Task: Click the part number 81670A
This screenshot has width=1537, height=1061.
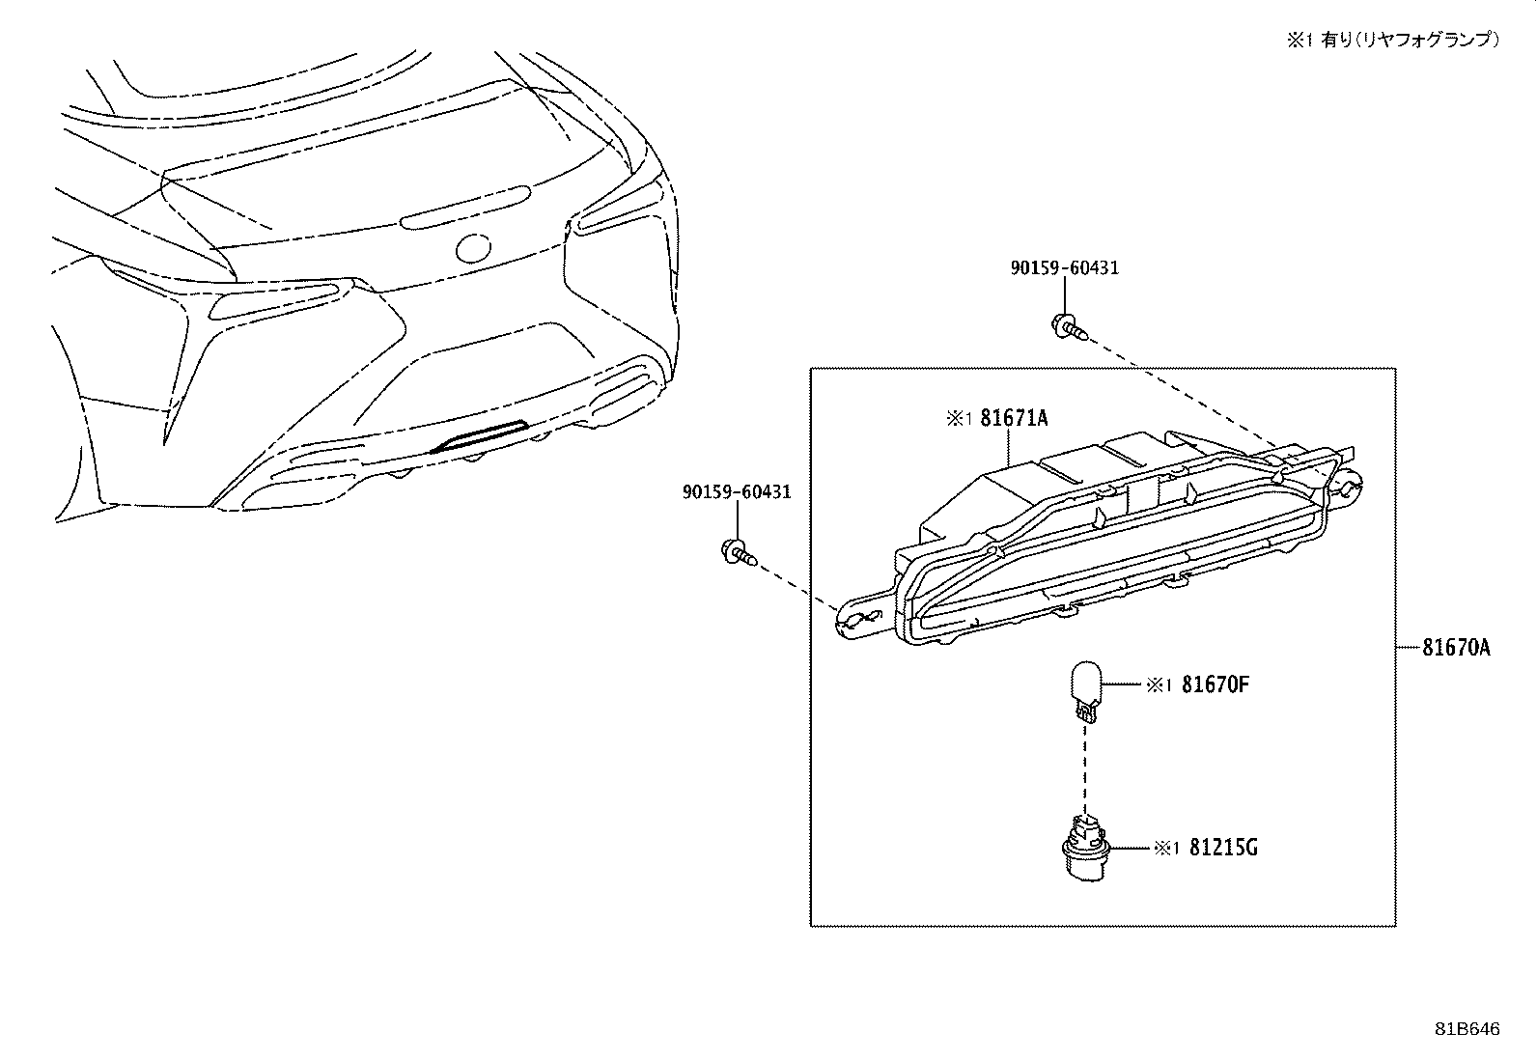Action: [x=1456, y=648]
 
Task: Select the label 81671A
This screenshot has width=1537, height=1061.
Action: [x=1014, y=418]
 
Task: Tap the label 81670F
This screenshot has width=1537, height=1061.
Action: [x=1216, y=684]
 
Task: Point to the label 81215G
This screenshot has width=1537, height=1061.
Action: [x=1223, y=849]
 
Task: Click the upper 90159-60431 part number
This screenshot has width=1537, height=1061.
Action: [x=1065, y=267]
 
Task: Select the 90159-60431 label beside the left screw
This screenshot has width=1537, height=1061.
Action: [x=737, y=491]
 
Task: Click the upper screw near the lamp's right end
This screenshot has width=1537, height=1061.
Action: [x=1069, y=327]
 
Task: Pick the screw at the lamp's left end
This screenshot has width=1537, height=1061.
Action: [x=739, y=552]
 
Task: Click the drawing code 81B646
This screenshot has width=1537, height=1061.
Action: [x=1467, y=1029]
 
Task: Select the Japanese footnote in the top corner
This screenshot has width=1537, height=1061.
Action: [x=1393, y=40]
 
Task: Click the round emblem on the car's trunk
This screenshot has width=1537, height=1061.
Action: [x=473, y=248]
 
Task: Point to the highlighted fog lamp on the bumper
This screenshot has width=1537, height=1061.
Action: [x=479, y=436]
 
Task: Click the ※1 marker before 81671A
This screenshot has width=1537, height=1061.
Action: [x=960, y=418]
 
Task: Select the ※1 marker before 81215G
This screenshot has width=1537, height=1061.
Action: [x=1166, y=849]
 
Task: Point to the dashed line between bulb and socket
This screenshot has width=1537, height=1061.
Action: [x=1085, y=768]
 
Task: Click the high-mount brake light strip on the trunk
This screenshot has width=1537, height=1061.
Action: [x=465, y=207]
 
